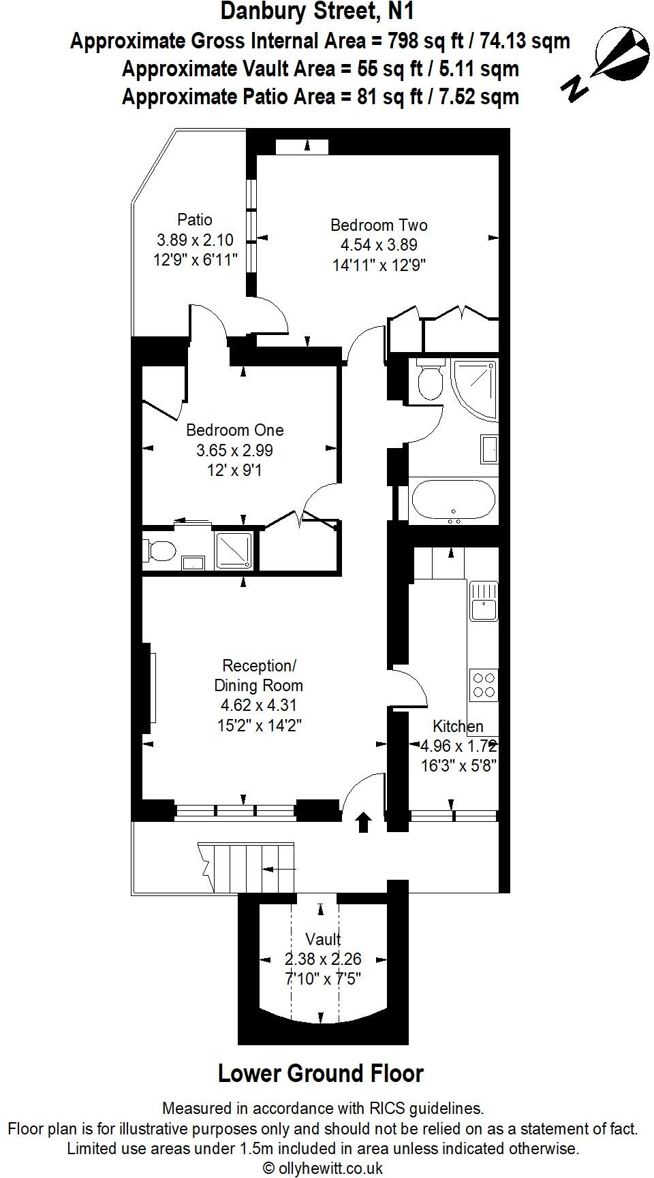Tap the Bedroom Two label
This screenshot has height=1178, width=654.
point(379,225)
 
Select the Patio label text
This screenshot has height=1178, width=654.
point(195,220)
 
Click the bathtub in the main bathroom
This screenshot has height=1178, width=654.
point(453,500)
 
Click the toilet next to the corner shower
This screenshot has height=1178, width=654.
point(429,381)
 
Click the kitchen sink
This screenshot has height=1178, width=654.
point(484,601)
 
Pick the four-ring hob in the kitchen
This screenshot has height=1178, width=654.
point(484,684)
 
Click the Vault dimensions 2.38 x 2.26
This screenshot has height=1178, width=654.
point(323,959)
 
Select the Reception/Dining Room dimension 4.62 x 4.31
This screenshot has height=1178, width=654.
point(259,705)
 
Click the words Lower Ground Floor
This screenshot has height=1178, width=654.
point(321,1074)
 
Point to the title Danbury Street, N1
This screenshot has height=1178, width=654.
point(317,12)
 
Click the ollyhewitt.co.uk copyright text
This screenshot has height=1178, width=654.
point(323,1168)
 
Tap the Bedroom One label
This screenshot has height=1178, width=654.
point(235,430)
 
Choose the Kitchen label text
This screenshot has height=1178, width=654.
point(458,727)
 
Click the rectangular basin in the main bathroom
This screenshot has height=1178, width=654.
point(488,450)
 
